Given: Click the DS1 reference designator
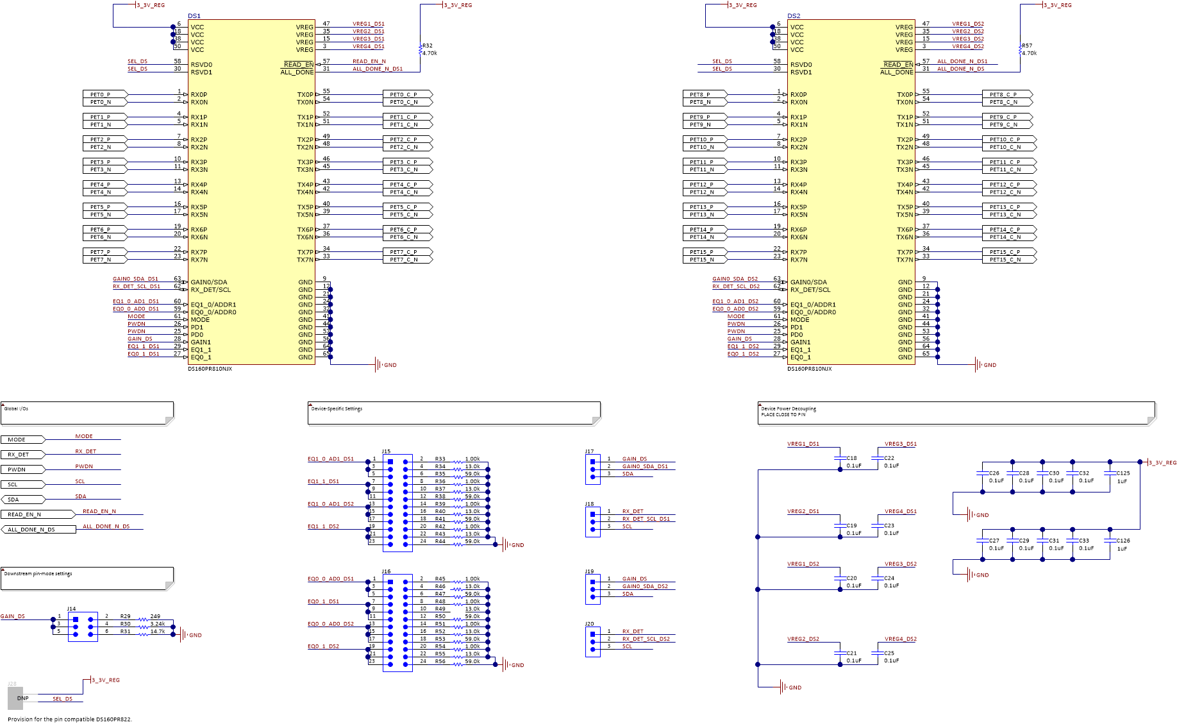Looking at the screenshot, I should point(194,16).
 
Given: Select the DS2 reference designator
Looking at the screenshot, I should point(794,16).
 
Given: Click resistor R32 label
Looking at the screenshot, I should point(427,46).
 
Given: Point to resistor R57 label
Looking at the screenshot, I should point(1027,46).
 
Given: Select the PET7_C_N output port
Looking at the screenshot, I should point(407,260).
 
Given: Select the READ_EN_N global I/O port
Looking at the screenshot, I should point(37,514).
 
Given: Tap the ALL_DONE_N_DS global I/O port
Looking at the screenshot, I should point(37,530).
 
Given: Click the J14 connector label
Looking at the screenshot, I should point(71,609).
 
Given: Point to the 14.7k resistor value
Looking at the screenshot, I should point(158,632).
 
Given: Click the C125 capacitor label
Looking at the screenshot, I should point(1123,473).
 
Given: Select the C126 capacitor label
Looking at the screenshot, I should point(1123,541).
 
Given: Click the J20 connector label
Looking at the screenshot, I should point(589,624).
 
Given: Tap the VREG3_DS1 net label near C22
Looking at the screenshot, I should point(901,444).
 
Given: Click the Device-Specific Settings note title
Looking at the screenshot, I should point(337,408).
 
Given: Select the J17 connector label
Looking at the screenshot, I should point(589,451).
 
